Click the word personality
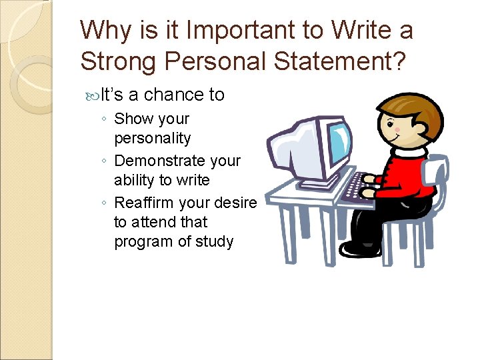pyautogui.click(x=152, y=139)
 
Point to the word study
pyautogui.click(x=214, y=241)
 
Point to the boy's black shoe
pyautogui.click(x=357, y=248)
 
